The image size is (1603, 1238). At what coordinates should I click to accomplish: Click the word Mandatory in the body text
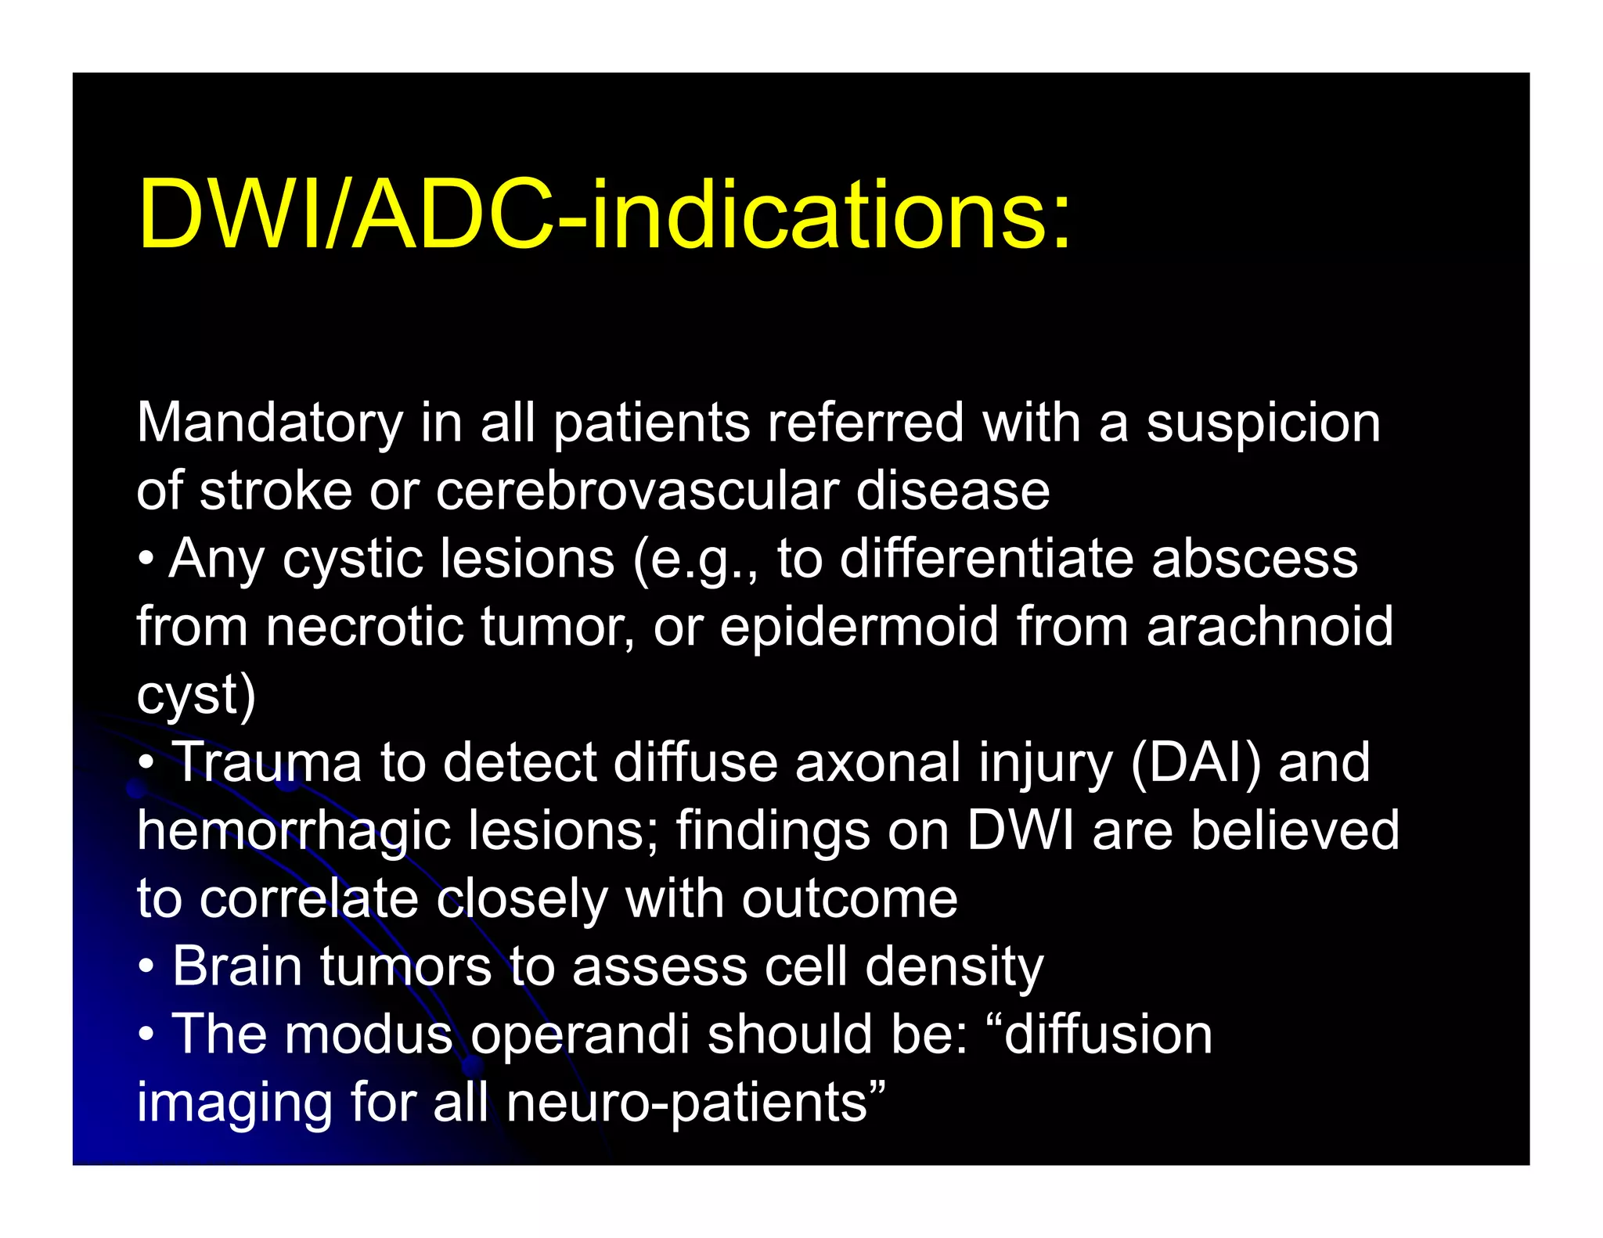point(269,423)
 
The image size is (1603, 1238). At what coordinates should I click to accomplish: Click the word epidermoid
point(859,627)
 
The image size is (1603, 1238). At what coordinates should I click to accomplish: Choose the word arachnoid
point(1270,627)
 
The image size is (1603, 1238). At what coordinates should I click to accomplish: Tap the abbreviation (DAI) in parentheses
point(1196,762)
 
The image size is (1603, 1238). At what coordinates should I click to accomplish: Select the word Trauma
point(266,762)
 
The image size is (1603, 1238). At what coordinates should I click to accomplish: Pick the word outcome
point(849,898)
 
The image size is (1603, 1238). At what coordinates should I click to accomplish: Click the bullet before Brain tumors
point(146,967)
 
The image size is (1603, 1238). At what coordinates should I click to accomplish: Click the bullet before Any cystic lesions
point(146,560)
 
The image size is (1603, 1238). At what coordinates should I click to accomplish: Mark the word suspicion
point(1263,423)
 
